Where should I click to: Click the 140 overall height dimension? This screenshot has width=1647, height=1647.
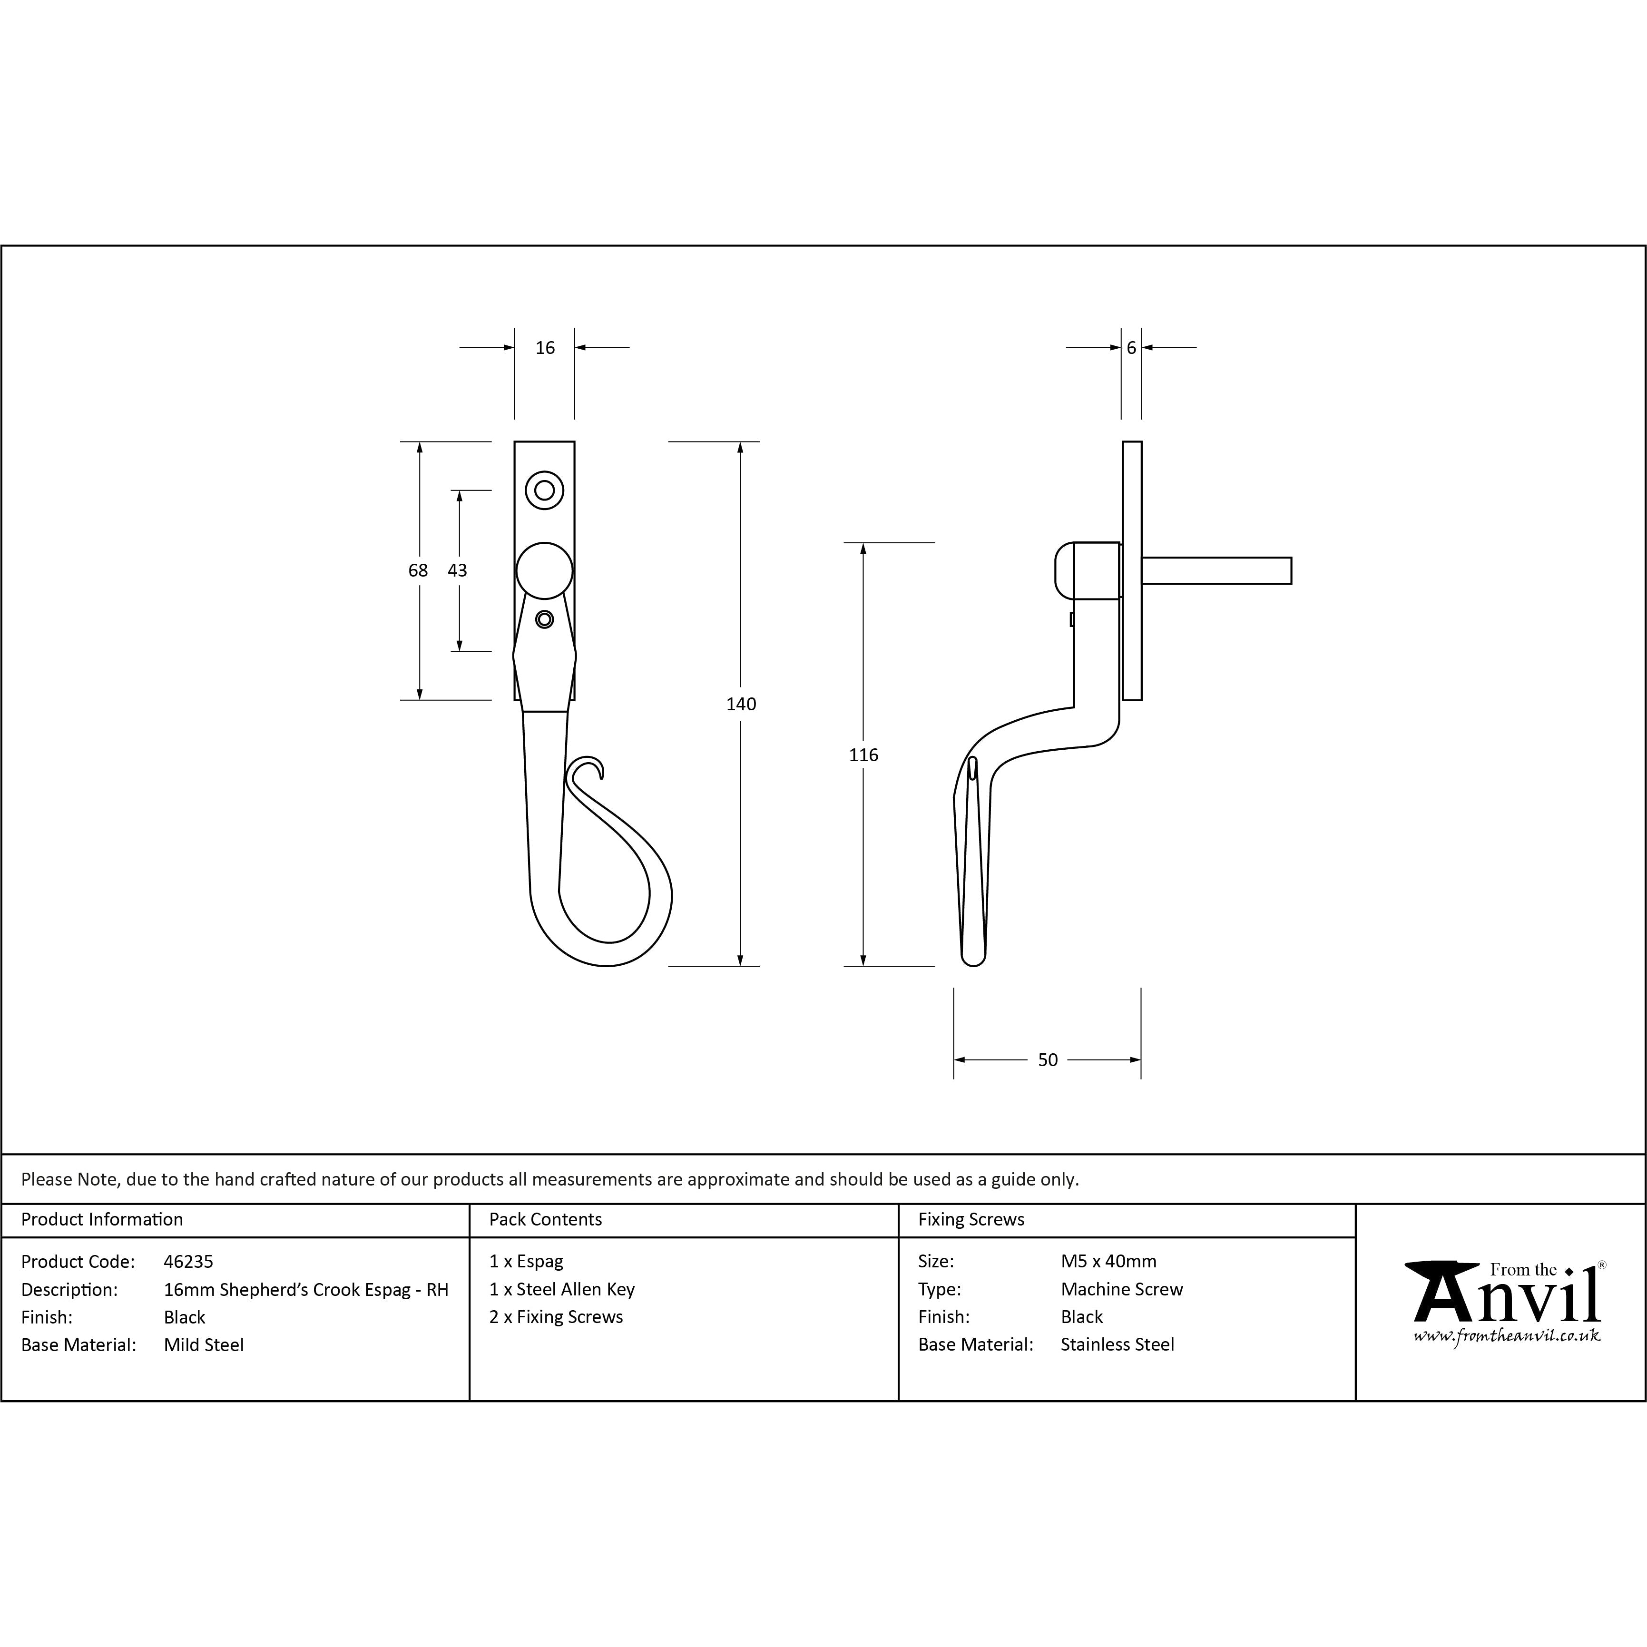pos(741,704)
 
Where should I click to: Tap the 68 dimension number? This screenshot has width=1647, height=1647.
pos(418,570)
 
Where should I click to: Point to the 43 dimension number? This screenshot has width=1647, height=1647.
pos(458,570)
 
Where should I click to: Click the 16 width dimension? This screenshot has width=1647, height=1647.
pos(545,348)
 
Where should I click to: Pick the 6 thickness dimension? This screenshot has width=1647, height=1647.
pos(1131,348)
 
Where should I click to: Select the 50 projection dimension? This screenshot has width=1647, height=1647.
pos(1048,1059)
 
